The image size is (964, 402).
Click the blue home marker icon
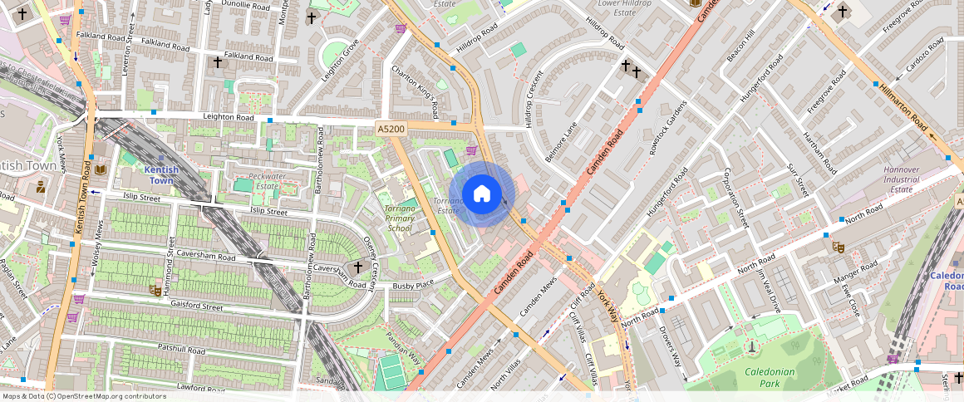click(482, 194)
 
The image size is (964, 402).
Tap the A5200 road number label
click(391, 129)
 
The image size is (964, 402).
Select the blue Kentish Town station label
click(160, 174)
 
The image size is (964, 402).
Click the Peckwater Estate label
click(267, 181)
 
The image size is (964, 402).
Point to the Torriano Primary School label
click(400, 218)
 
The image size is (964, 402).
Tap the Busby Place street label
click(413, 285)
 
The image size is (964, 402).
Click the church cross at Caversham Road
click(358, 267)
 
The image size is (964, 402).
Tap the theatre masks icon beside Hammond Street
click(155, 290)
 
